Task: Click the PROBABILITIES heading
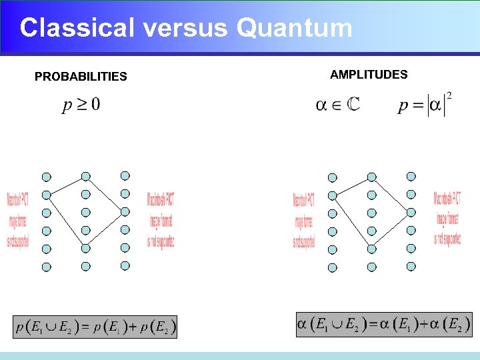pos(81,77)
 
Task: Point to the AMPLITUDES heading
pos(369,75)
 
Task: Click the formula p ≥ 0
pos(81,105)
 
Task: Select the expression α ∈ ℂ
pos(337,105)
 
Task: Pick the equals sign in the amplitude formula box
pos(374,325)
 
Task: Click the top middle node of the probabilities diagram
pos(85,177)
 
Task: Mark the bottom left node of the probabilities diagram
pos(46,267)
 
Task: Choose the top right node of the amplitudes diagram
pos(411,177)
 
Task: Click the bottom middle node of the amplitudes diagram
pos(372,267)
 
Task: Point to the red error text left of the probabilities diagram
pos(17,220)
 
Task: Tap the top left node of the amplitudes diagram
pos(333,178)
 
